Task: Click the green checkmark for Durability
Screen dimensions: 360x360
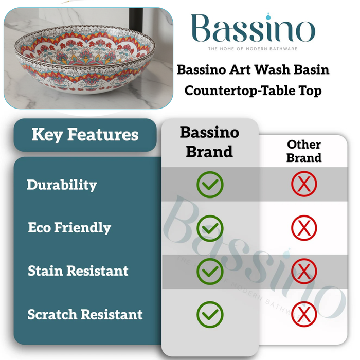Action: pos(210,184)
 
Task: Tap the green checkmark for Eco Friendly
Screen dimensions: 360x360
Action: pos(210,228)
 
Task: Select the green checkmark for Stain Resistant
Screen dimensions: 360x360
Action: pos(210,271)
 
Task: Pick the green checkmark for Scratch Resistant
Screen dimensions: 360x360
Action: pos(210,314)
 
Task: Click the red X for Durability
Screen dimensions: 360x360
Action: pos(304,184)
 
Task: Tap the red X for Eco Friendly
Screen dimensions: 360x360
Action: pos(304,228)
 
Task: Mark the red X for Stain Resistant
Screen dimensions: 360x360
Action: pos(304,271)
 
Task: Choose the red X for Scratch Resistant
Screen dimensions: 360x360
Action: pos(304,314)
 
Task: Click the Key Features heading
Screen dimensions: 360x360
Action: pos(85,135)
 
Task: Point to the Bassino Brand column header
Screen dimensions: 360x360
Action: pos(209,141)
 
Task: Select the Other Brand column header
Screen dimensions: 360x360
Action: pos(303,151)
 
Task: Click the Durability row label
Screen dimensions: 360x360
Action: pos(62,185)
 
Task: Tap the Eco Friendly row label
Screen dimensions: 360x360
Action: pos(69,228)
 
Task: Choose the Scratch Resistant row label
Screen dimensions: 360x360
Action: pos(85,314)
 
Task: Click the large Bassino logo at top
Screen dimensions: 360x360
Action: pos(253,29)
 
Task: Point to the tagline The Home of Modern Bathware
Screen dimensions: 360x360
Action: pos(253,49)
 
